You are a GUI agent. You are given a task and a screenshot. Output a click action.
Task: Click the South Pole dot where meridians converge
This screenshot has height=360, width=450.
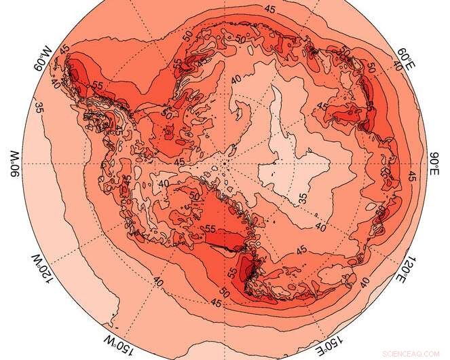[x=224, y=164]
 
